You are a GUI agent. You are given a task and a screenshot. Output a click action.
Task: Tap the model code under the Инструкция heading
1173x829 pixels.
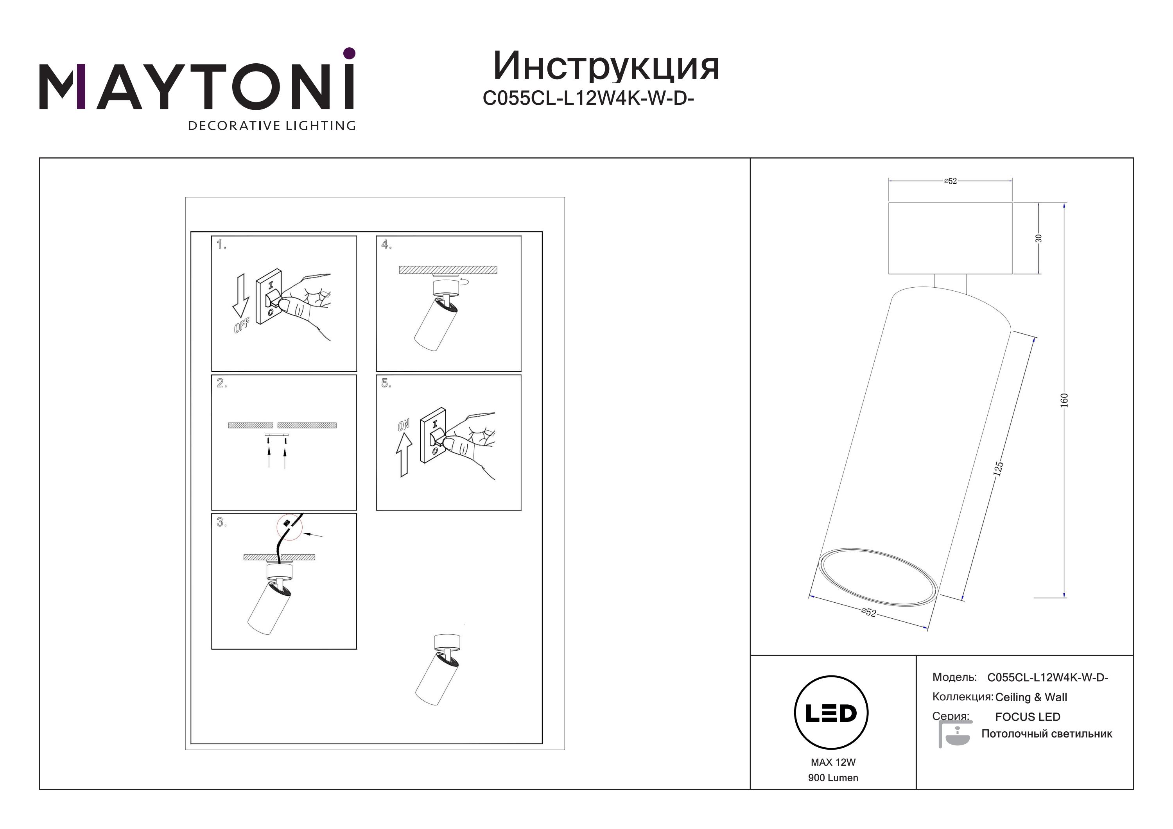pyautogui.click(x=588, y=98)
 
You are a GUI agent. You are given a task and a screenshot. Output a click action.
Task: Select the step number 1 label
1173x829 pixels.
pyautogui.click(x=221, y=245)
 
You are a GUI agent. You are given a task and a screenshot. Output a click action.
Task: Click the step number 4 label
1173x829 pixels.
pyautogui.click(x=386, y=245)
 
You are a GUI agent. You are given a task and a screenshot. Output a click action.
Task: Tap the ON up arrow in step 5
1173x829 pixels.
pyautogui.click(x=404, y=455)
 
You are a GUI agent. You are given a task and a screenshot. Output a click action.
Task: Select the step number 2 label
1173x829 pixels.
pyautogui.click(x=222, y=383)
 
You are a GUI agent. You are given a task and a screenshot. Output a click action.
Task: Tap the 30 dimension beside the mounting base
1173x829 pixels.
pyautogui.click(x=1038, y=238)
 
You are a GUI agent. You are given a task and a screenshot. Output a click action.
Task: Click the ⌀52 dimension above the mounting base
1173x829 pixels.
pyautogui.click(x=950, y=181)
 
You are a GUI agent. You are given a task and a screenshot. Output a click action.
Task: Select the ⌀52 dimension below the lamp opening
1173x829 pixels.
pyautogui.click(x=868, y=612)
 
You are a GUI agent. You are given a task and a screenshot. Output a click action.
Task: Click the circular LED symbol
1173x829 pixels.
pyautogui.click(x=831, y=713)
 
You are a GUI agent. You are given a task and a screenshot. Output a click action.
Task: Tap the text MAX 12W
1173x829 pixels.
pyautogui.click(x=833, y=763)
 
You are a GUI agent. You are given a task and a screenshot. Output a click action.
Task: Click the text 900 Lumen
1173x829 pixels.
pyautogui.click(x=833, y=778)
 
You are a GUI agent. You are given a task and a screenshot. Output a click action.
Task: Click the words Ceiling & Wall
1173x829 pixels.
pyautogui.click(x=1031, y=697)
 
